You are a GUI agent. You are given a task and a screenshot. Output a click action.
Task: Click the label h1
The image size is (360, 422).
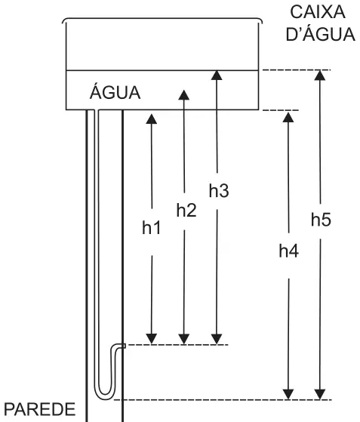pyautogui.click(x=152, y=228)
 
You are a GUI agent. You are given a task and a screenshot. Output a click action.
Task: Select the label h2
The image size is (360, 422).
pyautogui.click(x=186, y=210)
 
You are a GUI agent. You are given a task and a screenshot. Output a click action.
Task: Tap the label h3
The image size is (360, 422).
pyautogui.click(x=219, y=190)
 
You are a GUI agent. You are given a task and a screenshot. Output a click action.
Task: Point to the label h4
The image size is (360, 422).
pyautogui.click(x=289, y=251)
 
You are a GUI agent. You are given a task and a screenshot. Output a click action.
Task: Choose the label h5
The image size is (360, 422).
pyautogui.click(x=321, y=220)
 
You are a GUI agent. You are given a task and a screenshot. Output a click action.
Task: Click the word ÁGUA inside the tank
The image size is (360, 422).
pyautogui.click(x=115, y=92)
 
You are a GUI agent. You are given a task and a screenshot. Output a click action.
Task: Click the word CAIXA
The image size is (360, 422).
pyautogui.click(x=318, y=12)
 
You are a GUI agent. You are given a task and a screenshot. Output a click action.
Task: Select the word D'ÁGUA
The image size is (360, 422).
pyautogui.click(x=320, y=34)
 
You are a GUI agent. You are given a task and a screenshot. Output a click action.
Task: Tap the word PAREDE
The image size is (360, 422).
pyautogui.click(x=40, y=409)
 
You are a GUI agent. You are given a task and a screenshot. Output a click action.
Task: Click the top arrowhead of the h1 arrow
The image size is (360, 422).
pyautogui.click(x=152, y=119)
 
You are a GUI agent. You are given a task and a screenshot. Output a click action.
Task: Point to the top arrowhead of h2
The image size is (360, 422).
pyautogui.click(x=183, y=95)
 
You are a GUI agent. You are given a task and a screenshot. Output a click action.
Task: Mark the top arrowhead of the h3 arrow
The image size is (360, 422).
pyautogui.click(x=217, y=75)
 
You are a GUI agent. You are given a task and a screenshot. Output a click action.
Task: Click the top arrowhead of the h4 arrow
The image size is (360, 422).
pyautogui.click(x=288, y=117)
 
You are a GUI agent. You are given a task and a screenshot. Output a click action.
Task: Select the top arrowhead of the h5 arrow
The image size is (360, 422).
pyautogui.click(x=320, y=75)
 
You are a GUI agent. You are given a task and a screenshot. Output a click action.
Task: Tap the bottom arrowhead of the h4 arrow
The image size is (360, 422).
pyautogui.click(x=289, y=394)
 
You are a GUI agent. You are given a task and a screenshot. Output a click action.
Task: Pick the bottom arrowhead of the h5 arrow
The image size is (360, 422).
pyautogui.click(x=320, y=394)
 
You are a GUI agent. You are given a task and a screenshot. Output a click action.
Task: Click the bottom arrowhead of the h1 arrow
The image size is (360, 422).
pyautogui.click(x=152, y=339)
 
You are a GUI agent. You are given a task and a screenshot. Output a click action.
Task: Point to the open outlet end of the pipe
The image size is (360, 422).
pyautogui.click(x=125, y=346)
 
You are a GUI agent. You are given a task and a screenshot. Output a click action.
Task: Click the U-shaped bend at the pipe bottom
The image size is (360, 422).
pyautogui.click(x=105, y=393)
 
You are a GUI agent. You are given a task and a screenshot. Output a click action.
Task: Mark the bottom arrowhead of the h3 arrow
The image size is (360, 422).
pyautogui.click(x=217, y=339)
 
